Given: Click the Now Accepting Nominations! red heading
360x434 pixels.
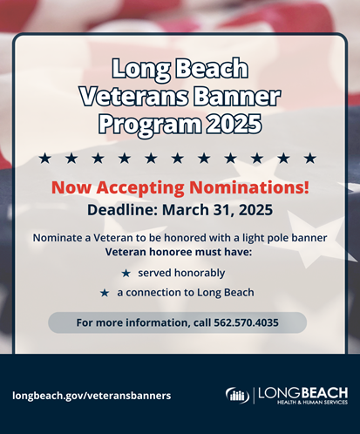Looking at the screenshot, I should (180, 187).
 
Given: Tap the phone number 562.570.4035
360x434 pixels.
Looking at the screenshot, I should (248, 322).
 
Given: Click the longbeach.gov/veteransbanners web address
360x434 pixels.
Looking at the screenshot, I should (92, 395).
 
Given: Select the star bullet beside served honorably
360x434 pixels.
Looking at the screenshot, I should (126, 273).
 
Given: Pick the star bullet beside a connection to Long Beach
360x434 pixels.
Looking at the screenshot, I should (105, 293).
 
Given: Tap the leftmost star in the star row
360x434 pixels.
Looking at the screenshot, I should (44, 158).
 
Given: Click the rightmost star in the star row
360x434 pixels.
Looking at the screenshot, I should (309, 158).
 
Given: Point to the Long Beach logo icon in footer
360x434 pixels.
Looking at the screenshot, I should (237, 395).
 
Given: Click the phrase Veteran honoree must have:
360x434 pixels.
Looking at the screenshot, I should (179, 251).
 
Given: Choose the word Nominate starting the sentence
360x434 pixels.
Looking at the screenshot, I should (59, 237).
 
